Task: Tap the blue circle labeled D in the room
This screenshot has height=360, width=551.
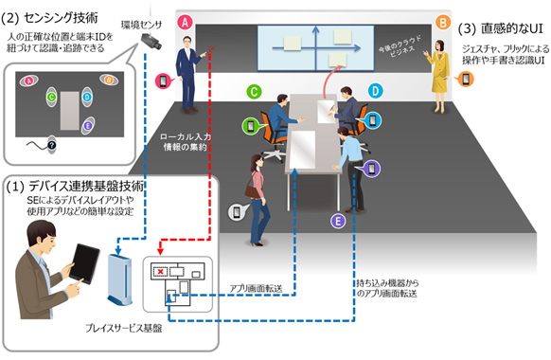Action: (x=375, y=91)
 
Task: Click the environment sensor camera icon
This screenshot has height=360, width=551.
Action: (x=151, y=37)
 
